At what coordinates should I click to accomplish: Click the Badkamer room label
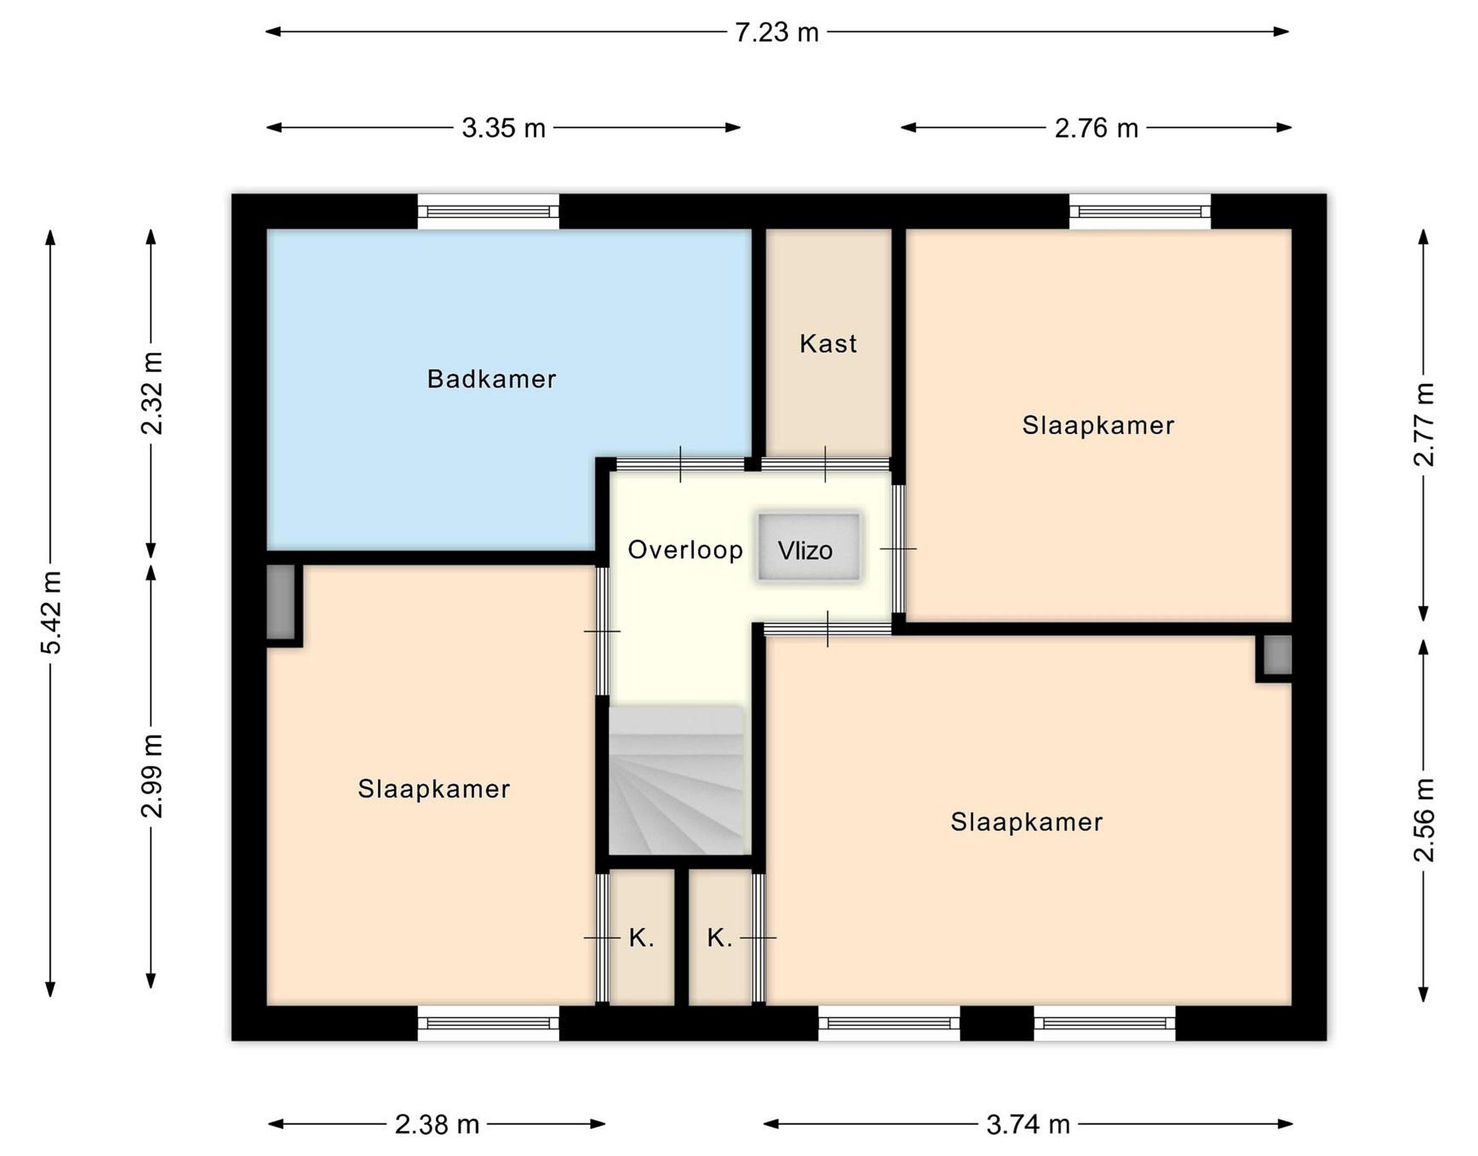pyautogui.click(x=491, y=379)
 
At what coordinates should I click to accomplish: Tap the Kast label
pyautogui.click(x=828, y=344)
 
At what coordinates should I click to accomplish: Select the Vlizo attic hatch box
pyautogui.click(x=809, y=547)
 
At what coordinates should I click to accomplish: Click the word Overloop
pyautogui.click(x=685, y=550)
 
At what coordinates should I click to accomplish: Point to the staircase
pyautogui.click(x=677, y=780)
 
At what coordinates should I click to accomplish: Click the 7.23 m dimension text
pyautogui.click(x=777, y=32)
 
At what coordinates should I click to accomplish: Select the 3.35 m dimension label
pyautogui.click(x=503, y=128)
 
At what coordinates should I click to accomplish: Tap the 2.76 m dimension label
pyautogui.click(x=1096, y=128)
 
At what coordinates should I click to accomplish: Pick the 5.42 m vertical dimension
pyautogui.click(x=51, y=612)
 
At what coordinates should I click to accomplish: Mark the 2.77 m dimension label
pyautogui.click(x=1423, y=425)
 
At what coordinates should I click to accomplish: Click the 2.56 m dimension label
pyautogui.click(x=1423, y=820)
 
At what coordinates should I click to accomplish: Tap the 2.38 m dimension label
pyautogui.click(x=437, y=1125)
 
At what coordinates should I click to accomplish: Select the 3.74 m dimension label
pyautogui.click(x=1028, y=1125)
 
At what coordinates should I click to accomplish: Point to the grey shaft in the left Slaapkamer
pyautogui.click(x=281, y=602)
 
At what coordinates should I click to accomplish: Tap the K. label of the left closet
pyautogui.click(x=641, y=938)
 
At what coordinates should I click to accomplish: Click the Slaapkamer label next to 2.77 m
pyautogui.click(x=1098, y=426)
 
